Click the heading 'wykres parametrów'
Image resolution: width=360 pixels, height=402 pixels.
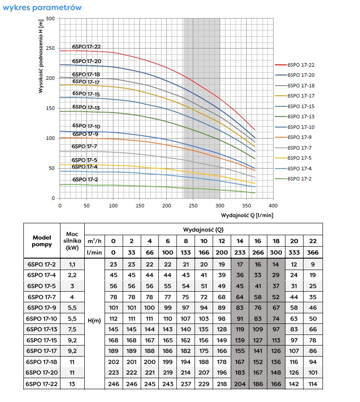(x=42, y=8)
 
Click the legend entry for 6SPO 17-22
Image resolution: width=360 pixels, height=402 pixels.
(x=300, y=65)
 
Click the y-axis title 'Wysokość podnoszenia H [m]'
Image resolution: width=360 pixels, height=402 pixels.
(x=41, y=56)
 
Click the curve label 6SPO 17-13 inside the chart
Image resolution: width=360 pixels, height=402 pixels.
(x=86, y=107)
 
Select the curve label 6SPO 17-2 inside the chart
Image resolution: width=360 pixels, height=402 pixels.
(x=85, y=180)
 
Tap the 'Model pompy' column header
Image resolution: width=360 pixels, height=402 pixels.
(x=42, y=241)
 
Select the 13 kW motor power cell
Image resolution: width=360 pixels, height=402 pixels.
(x=71, y=384)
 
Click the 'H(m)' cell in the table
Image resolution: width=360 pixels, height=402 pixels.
(x=94, y=320)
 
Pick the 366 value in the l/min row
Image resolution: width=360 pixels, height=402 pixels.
(x=313, y=252)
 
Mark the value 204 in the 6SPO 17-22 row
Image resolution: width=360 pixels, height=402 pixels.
(x=240, y=384)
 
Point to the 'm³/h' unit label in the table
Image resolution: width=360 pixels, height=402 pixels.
(x=94, y=241)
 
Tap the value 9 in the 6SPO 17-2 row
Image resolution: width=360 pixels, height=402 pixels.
(x=313, y=265)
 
